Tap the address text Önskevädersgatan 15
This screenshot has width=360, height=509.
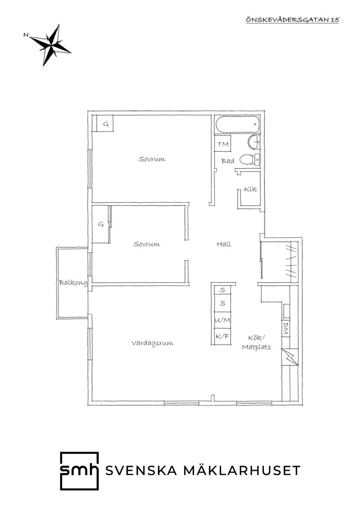pyautogui.click(x=292, y=20)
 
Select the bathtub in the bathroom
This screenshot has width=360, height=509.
pyautogui.click(x=237, y=124)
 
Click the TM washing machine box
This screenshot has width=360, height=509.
pyautogui.click(x=223, y=144)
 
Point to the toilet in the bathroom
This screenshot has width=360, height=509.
pyautogui.click(x=249, y=159)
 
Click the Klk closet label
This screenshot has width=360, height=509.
pyautogui.click(x=250, y=189)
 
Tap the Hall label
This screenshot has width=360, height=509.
pyautogui.click(x=224, y=244)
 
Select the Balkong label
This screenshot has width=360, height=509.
pyautogui.click(x=73, y=283)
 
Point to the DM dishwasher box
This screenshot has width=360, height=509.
pyautogui.click(x=286, y=328)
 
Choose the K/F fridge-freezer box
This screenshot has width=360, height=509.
pyautogui.click(x=222, y=337)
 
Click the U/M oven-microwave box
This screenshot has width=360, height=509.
pyautogui.click(x=222, y=320)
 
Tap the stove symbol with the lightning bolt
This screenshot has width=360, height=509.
pyautogui.click(x=290, y=357)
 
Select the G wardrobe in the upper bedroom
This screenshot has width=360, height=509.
pyautogui.click(x=105, y=123)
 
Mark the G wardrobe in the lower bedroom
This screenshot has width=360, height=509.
pyautogui.click(x=101, y=224)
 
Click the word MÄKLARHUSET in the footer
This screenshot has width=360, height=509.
pyautogui.click(x=242, y=471)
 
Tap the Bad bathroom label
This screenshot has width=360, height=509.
pyautogui.click(x=228, y=161)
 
